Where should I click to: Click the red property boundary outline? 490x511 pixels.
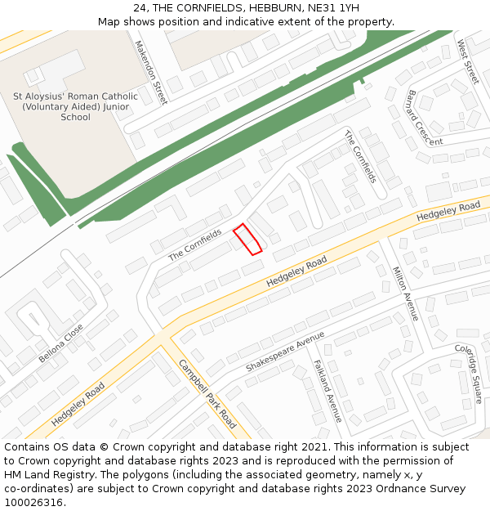point(248,239)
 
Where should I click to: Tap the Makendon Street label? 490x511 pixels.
point(151,73)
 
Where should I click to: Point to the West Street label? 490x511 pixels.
point(468,61)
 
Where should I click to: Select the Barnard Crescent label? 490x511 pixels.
point(424,117)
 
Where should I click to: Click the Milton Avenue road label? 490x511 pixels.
point(406,294)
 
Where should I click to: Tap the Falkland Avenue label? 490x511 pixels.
point(328,392)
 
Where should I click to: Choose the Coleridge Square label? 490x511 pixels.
point(468,374)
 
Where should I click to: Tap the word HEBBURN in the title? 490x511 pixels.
point(275,7)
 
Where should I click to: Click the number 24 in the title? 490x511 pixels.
point(140,7)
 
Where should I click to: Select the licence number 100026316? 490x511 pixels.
point(34,503)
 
